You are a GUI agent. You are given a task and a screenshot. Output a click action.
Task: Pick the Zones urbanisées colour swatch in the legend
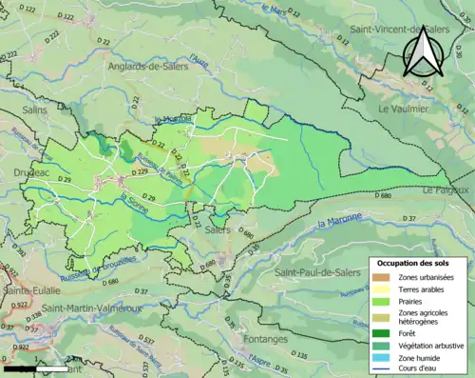[x=386, y=277]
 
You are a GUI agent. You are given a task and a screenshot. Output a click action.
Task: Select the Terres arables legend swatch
[x=386, y=289]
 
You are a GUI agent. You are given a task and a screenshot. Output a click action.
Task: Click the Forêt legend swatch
[x=386, y=332]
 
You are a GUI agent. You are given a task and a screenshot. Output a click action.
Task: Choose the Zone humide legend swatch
[x=386, y=357]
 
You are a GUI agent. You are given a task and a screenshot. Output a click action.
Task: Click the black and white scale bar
[x=35, y=367]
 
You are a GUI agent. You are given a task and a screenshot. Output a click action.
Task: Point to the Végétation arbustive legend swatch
[x=386, y=345]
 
